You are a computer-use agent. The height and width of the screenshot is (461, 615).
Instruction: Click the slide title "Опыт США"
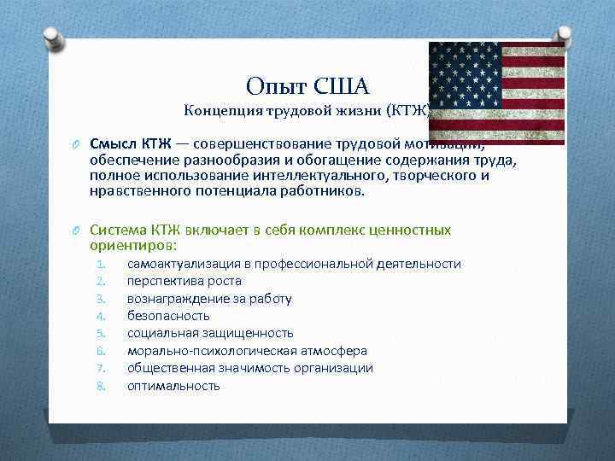pyautogui.click(x=307, y=86)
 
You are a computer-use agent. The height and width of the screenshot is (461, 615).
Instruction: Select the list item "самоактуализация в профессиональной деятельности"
pyautogui.click(x=293, y=264)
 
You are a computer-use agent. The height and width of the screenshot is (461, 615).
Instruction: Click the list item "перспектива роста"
pyautogui.click(x=184, y=281)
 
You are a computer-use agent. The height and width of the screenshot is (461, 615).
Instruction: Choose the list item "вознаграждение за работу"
pyautogui.click(x=209, y=299)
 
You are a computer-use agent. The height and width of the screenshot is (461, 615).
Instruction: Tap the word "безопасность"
pyautogui.click(x=168, y=316)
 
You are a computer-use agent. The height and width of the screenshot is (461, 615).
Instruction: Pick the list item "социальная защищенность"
pyautogui.click(x=209, y=333)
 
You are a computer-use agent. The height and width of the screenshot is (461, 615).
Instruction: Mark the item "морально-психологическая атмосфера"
pyautogui.click(x=247, y=351)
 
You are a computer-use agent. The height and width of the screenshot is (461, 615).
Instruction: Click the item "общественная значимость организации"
pyautogui.click(x=249, y=368)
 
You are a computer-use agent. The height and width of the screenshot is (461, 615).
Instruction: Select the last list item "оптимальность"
pyautogui.click(x=173, y=386)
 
